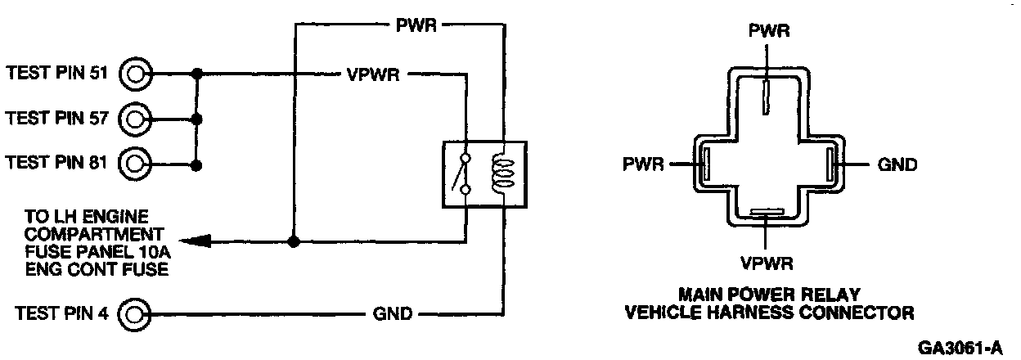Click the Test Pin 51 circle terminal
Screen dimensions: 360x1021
pos(137,74)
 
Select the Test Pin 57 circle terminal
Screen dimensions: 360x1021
pos(137,119)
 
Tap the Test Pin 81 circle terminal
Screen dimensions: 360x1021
pos(137,164)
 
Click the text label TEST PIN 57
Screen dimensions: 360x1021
pos(58,119)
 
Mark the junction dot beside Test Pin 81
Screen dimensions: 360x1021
pos(196,164)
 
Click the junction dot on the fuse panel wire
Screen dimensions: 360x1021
pos(294,241)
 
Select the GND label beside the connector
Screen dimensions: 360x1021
pos(897,164)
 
